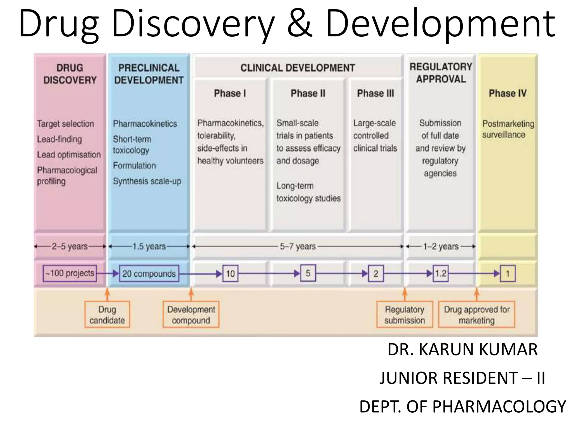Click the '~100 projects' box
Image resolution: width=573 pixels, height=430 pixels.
tap(70, 273)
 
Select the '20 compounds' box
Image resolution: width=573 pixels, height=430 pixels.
tap(149, 274)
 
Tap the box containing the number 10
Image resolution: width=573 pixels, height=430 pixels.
tap(230, 274)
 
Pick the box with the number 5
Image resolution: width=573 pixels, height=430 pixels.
tap(308, 273)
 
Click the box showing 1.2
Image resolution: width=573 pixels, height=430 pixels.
tap(441, 273)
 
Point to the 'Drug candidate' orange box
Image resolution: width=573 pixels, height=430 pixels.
tap(107, 315)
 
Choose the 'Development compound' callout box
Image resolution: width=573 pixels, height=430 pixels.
tap(191, 315)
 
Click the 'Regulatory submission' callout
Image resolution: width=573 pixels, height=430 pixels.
tap(405, 315)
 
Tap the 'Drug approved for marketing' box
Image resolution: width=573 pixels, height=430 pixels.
tap(476, 315)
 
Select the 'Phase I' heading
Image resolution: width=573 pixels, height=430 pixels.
tap(230, 93)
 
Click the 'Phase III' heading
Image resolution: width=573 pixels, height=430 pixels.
tap(375, 93)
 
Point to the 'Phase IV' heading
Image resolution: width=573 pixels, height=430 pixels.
tap(508, 93)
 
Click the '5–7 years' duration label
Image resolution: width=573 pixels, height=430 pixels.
tap(298, 246)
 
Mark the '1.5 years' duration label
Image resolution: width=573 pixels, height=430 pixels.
tap(149, 246)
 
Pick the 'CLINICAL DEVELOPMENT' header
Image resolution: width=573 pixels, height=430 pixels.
tap(298, 68)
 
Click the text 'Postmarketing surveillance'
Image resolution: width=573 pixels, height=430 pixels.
tap(508, 129)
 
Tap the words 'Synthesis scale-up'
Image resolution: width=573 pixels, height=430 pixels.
tap(147, 181)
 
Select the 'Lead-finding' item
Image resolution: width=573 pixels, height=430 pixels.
tap(60, 139)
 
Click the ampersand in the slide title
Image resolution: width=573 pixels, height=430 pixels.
tap(300, 24)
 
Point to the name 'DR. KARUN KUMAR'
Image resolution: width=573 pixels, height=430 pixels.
tap(462, 349)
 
